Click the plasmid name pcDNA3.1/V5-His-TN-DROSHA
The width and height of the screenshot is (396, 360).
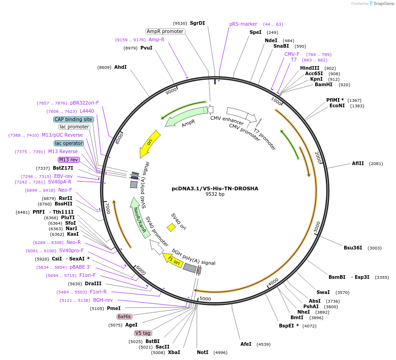(215, 188)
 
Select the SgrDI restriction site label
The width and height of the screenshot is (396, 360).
(197, 23)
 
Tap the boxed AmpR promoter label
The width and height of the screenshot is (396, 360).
(165, 31)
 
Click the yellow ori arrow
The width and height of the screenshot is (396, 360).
(150, 143)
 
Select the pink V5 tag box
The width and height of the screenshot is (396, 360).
(143, 333)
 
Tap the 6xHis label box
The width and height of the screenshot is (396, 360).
(124, 316)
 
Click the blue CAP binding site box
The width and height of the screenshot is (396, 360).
(73, 119)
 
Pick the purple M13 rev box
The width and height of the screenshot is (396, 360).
(69, 160)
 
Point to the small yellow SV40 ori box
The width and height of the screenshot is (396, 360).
(171, 227)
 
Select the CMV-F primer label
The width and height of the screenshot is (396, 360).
(292, 54)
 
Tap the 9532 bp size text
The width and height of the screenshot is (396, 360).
(215, 194)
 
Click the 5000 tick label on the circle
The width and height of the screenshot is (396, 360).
(205, 299)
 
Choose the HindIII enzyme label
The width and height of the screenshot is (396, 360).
(309, 68)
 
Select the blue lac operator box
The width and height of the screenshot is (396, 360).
(69, 143)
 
